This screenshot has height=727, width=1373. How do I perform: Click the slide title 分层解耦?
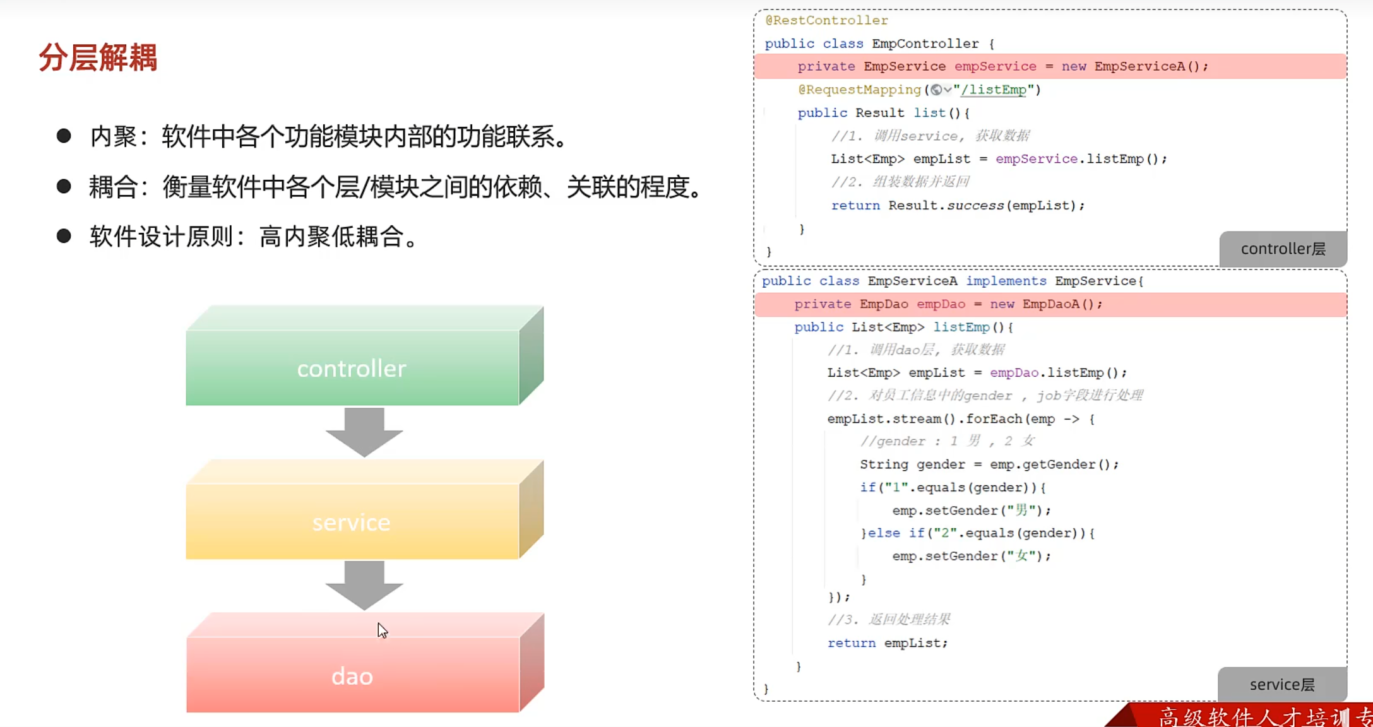98,57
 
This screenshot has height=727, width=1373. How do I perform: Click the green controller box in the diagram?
352,367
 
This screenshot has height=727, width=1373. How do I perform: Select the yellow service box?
352,521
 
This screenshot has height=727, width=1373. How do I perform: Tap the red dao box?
352,675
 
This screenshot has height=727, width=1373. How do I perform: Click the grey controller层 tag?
1283,249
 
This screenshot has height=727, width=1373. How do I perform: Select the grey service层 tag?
1281,684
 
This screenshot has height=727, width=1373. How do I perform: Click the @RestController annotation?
826,20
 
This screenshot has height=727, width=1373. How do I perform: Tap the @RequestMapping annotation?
859,90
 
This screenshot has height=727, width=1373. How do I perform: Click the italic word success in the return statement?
975,205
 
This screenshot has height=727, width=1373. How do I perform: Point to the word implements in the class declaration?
1006,281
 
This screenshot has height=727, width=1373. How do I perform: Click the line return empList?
887,642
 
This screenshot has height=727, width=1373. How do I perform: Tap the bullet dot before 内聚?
64,136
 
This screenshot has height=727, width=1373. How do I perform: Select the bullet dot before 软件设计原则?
64,236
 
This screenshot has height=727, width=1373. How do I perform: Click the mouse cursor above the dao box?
382,630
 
